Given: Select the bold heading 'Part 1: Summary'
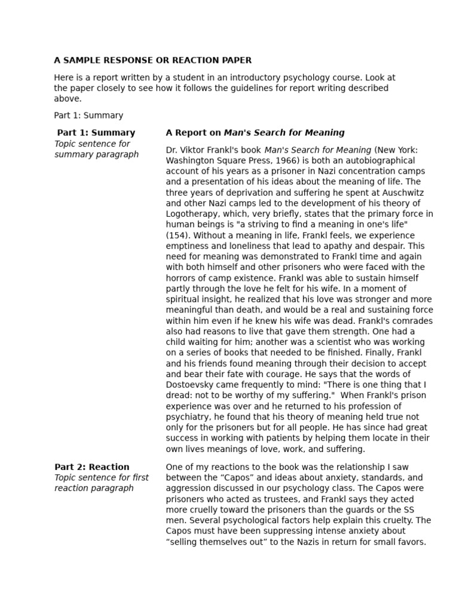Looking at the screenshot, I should tap(96, 133).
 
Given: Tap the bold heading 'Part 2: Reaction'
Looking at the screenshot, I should tap(91, 467).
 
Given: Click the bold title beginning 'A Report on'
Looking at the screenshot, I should tap(255, 133).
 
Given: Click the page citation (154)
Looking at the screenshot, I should tap(178, 235).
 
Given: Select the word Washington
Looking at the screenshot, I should tap(190, 160).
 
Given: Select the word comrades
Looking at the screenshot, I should tap(410, 320).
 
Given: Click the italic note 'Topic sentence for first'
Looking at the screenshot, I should tap(102, 478).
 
